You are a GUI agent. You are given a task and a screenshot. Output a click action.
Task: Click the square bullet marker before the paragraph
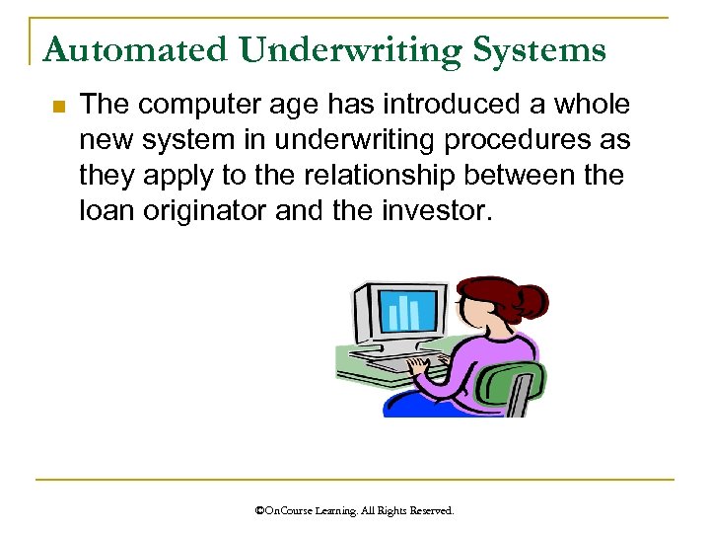click(x=57, y=107)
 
